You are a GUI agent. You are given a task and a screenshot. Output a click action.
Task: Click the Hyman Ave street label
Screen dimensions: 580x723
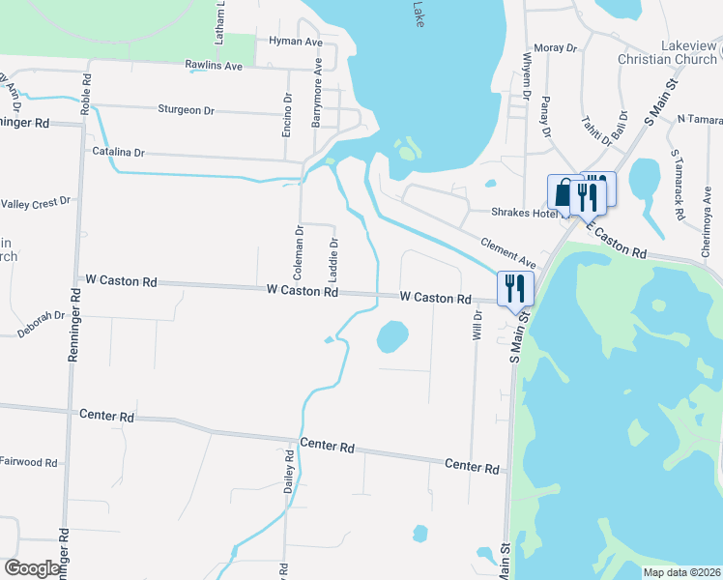coord(295,43)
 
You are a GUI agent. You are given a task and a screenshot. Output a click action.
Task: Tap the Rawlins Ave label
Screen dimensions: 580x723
coord(213,66)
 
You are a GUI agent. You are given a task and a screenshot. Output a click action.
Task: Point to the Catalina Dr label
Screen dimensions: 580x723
coord(118,153)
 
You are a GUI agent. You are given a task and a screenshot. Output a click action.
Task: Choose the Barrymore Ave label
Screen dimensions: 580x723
coord(316,96)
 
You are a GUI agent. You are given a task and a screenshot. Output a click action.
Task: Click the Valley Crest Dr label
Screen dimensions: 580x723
coord(36,202)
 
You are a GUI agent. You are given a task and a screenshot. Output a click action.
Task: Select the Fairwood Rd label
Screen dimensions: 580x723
coord(29,462)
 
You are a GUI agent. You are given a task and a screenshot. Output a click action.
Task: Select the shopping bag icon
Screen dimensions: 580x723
coord(563,192)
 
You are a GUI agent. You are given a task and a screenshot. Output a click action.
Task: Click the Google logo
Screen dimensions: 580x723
coord(33,569)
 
